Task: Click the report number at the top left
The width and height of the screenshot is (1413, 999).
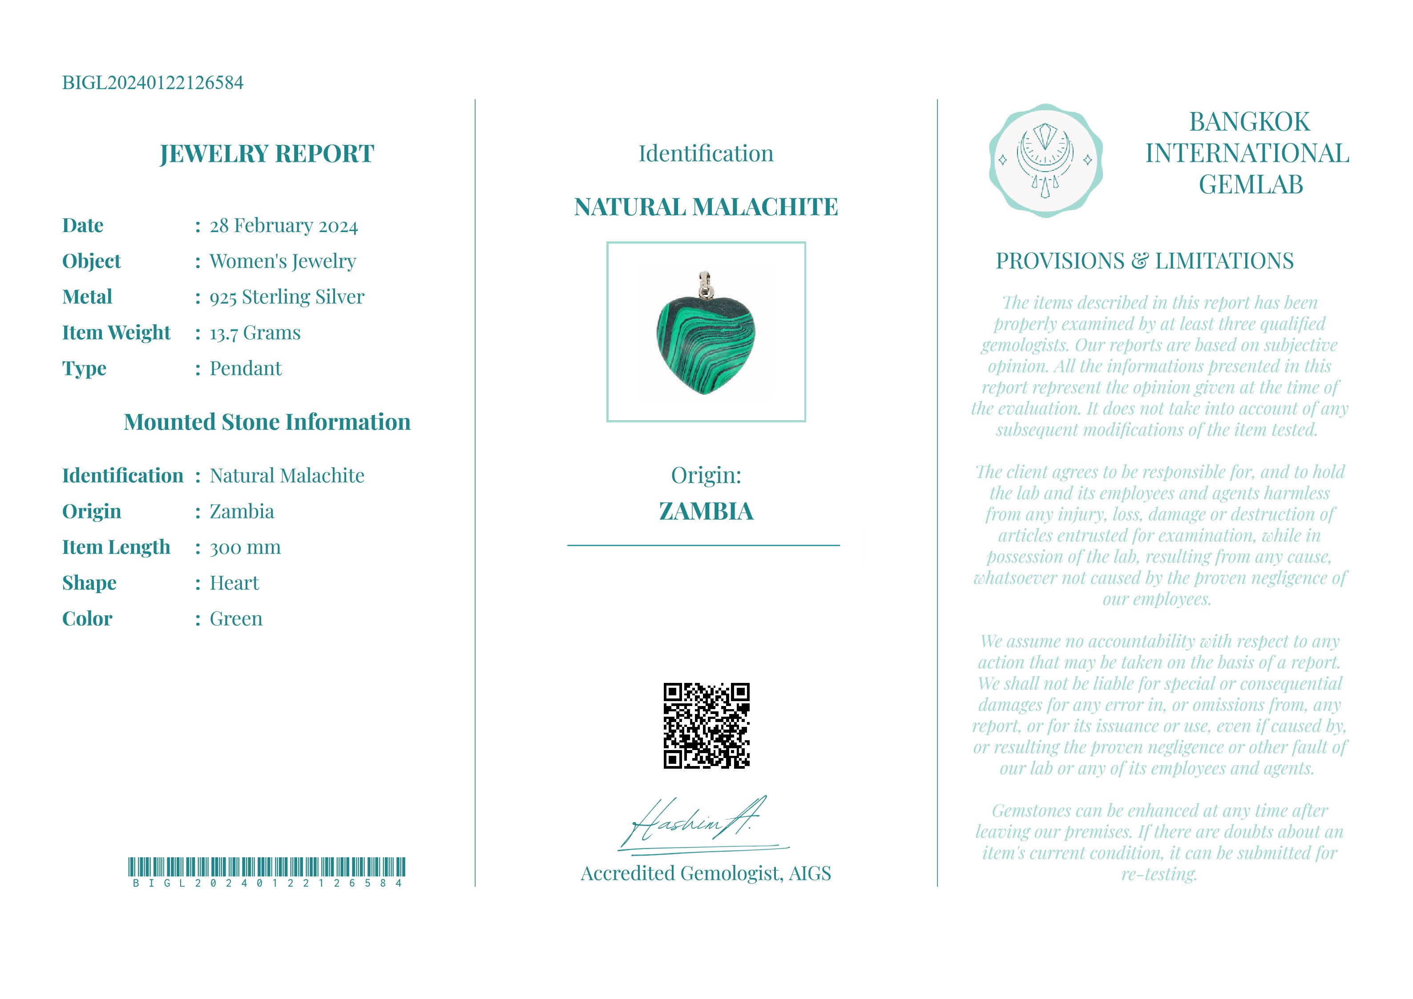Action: (x=153, y=82)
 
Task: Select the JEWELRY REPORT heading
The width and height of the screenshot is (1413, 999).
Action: (x=266, y=153)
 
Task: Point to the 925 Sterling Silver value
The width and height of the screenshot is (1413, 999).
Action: (x=287, y=297)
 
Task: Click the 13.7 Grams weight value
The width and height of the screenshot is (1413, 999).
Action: (x=255, y=333)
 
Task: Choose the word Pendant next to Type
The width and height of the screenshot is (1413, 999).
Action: (x=245, y=369)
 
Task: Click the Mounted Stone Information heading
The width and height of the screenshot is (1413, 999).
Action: (x=266, y=422)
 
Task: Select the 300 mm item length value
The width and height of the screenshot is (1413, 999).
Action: (x=245, y=547)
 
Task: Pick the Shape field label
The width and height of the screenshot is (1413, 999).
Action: (x=89, y=582)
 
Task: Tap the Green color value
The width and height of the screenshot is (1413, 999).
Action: (x=236, y=619)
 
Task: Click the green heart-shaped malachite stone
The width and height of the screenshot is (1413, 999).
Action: (x=705, y=345)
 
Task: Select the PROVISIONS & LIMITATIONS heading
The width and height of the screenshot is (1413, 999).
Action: (x=1145, y=261)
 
